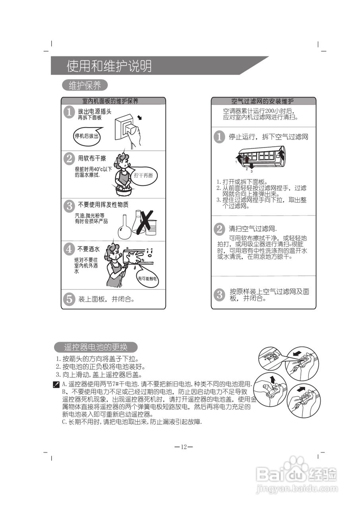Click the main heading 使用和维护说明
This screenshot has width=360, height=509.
click(109, 66)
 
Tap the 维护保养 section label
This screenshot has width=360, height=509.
click(85, 85)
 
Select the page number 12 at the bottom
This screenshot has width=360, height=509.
click(184, 447)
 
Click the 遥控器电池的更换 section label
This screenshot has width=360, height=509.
click(96, 347)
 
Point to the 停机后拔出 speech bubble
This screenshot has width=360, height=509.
click(87, 136)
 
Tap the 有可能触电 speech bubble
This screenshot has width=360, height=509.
click(147, 279)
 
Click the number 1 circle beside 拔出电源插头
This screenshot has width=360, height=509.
click(70, 112)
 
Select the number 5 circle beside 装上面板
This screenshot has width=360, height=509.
click(69, 299)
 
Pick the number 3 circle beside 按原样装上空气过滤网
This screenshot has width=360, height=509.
click(219, 295)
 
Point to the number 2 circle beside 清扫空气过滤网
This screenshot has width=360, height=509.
click(219, 229)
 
